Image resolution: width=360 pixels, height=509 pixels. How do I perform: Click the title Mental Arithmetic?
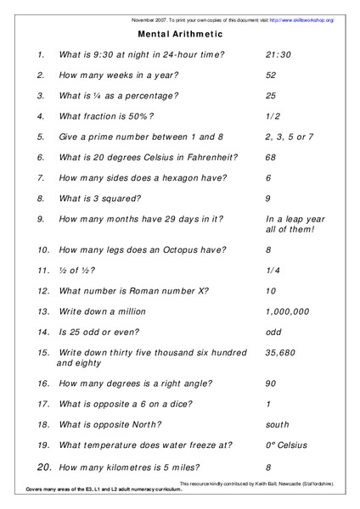point(180,34)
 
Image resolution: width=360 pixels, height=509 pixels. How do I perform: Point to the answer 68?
point(271,157)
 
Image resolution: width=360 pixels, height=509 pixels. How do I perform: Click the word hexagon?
point(184,178)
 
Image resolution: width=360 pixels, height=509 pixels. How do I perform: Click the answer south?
point(278,424)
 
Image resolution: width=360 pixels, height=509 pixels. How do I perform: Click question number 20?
point(44,466)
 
